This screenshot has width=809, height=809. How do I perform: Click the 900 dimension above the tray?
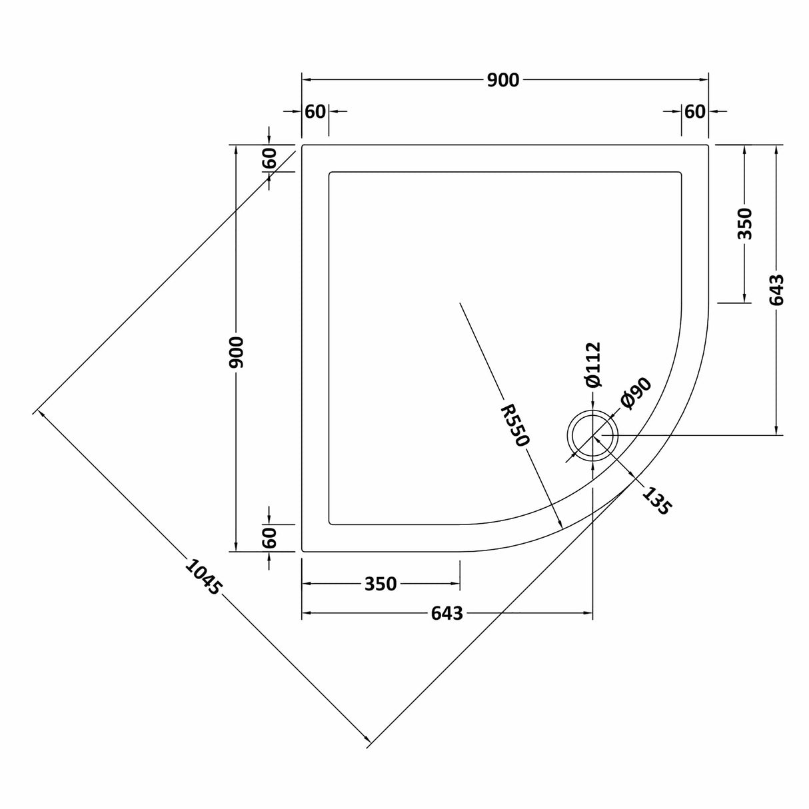coord(502,80)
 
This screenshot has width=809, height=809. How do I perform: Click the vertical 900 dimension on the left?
coord(237,352)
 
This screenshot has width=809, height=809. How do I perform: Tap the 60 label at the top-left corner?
coord(315,111)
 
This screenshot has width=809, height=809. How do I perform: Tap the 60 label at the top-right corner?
coord(694,111)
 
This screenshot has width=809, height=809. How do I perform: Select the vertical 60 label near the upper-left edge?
coord(269,158)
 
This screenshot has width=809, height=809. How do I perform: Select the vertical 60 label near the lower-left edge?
coord(269,537)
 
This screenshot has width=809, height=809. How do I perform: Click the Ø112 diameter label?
coord(592,364)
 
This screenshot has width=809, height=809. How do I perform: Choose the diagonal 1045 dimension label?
coord(201,577)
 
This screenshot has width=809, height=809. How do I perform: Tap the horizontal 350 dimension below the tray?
coord(381,584)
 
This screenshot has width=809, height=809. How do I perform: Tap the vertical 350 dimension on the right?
coord(744,223)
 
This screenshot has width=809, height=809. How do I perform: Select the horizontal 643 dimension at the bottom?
coord(446,613)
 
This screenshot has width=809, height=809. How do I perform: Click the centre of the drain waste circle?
coord(592,436)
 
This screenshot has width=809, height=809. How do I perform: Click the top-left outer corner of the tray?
coord(303,145)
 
